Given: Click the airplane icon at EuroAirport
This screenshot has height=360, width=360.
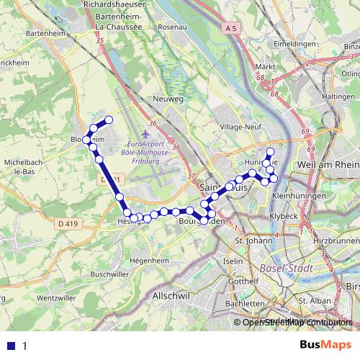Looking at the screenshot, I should tap(148, 133).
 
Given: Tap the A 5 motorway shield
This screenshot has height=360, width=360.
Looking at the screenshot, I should tap(230, 28).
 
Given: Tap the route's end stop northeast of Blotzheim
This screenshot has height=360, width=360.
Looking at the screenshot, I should tap(109, 120).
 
